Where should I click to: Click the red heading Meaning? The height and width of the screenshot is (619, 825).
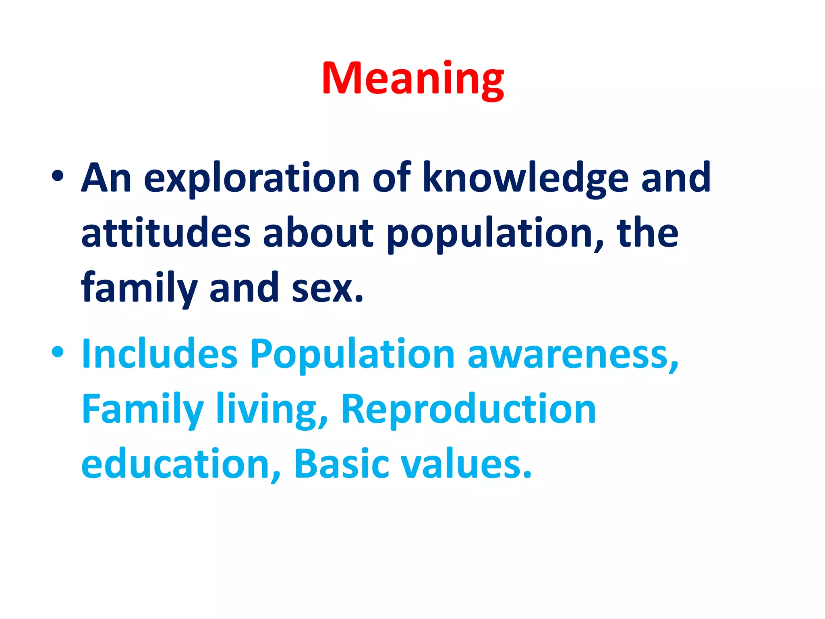[x=412, y=79]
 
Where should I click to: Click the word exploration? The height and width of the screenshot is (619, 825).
[x=251, y=179]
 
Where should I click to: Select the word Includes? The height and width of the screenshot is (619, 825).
[x=159, y=353]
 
